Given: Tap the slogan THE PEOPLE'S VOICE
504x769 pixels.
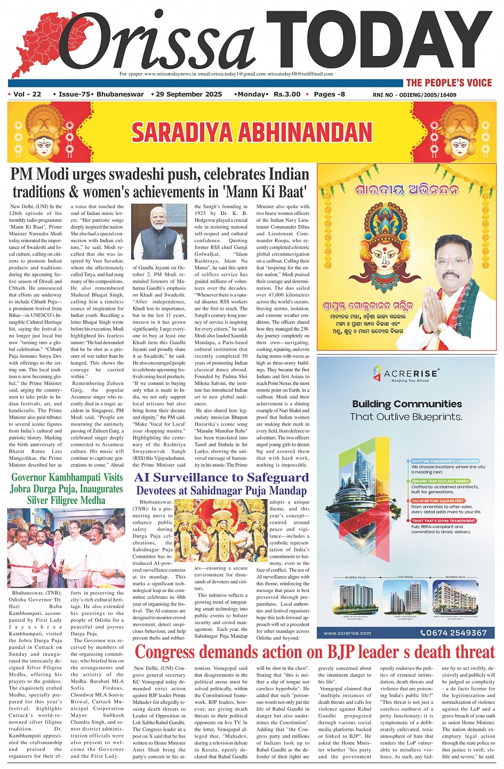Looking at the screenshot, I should point(449,83).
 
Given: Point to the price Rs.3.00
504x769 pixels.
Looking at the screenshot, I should point(287,94).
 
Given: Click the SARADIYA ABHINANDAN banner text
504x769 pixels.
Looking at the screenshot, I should point(252,132).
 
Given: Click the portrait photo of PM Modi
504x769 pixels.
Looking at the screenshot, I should point(159,232).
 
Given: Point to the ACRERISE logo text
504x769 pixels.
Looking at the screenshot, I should point(411,373).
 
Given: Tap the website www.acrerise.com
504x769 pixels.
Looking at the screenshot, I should point(347,633).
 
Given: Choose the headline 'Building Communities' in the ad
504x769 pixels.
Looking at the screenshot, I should point(407,404).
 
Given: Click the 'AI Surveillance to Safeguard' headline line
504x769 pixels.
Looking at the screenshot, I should point(221,477).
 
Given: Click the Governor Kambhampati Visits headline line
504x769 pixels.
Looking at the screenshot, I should point(67,477).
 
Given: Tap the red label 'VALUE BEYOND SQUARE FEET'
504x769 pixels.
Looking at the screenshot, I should point(437,501).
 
